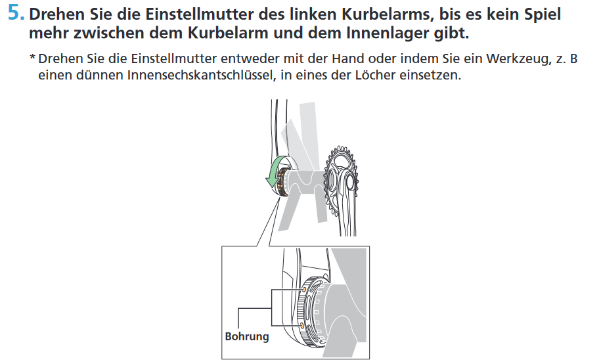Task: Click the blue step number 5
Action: pyautogui.click(x=16, y=12)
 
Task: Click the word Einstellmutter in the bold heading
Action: pyautogui.click(x=199, y=14)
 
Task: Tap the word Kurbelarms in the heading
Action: pyautogui.click(x=388, y=14)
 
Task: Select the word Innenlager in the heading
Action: pyautogui.click(x=388, y=33)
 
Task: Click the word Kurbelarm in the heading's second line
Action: pyautogui.click(x=225, y=33)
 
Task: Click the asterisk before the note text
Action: pyautogui.click(x=33, y=58)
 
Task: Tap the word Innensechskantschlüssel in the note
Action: pyautogui.click(x=201, y=75)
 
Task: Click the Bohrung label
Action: pyautogui.click(x=247, y=336)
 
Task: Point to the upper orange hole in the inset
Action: pyautogui.click(x=304, y=290)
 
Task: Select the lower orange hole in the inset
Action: pyautogui.click(x=302, y=325)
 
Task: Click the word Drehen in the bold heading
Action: pyautogui.click(x=57, y=14)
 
